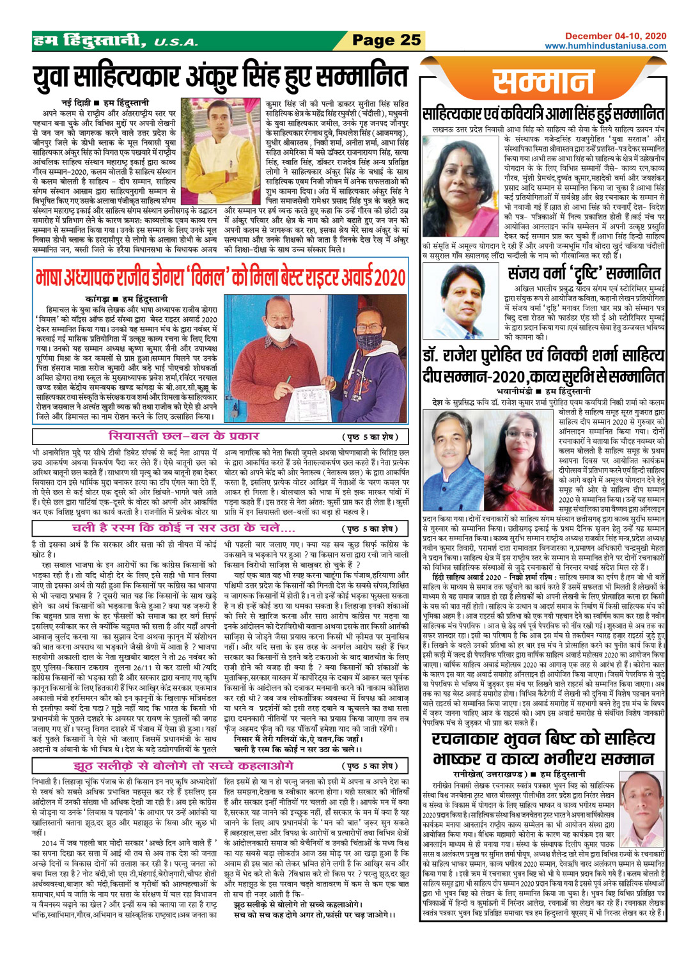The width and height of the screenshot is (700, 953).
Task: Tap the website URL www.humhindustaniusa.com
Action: pos(605,46)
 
